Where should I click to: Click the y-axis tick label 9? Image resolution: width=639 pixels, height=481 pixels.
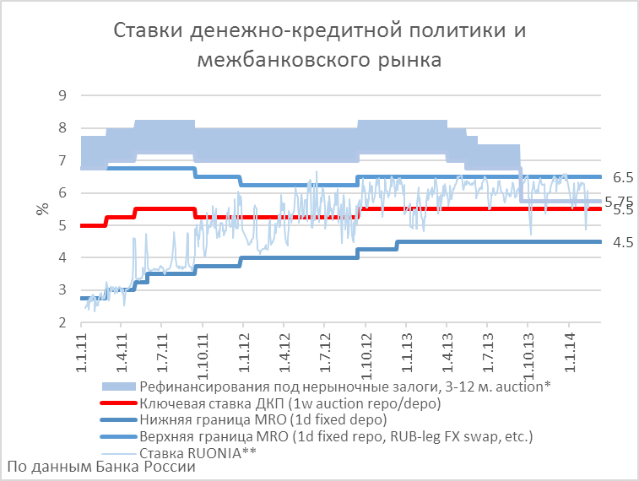(x=61, y=95)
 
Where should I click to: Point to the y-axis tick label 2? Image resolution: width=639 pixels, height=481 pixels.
(x=61, y=322)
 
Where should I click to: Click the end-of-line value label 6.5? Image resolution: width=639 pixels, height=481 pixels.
(x=623, y=177)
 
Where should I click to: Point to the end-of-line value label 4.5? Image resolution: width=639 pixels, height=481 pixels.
(x=623, y=242)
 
